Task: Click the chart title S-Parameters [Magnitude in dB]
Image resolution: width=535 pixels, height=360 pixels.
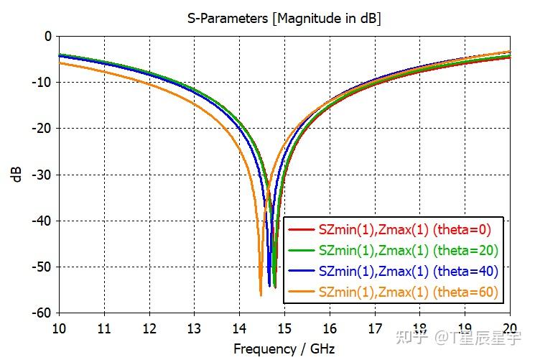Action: (284, 18)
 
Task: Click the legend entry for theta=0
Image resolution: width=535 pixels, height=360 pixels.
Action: (390, 229)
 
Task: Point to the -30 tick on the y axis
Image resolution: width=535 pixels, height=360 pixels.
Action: (42, 175)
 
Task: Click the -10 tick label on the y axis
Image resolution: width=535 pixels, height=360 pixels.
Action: (42, 83)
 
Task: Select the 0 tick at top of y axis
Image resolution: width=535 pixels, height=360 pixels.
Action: (48, 36)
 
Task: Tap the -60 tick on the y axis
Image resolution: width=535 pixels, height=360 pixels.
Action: (42, 313)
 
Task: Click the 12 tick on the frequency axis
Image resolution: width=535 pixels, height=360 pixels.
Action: (149, 328)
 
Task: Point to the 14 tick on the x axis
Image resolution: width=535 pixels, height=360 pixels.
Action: (240, 328)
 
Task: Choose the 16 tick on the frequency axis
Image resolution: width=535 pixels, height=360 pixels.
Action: (330, 328)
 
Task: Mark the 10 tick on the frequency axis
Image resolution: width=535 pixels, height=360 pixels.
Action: (59, 328)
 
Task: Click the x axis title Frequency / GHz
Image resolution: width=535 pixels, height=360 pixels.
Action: (284, 349)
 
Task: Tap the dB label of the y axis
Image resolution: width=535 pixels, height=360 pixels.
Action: (17, 175)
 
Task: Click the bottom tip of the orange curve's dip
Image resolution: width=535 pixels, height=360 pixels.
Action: (261, 296)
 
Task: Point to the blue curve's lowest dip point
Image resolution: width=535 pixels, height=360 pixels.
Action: (269, 286)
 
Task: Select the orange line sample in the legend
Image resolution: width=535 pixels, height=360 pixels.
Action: (302, 292)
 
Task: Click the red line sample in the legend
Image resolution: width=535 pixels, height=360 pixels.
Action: (302, 229)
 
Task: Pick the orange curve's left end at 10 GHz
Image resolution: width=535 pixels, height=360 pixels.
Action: (60, 63)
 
